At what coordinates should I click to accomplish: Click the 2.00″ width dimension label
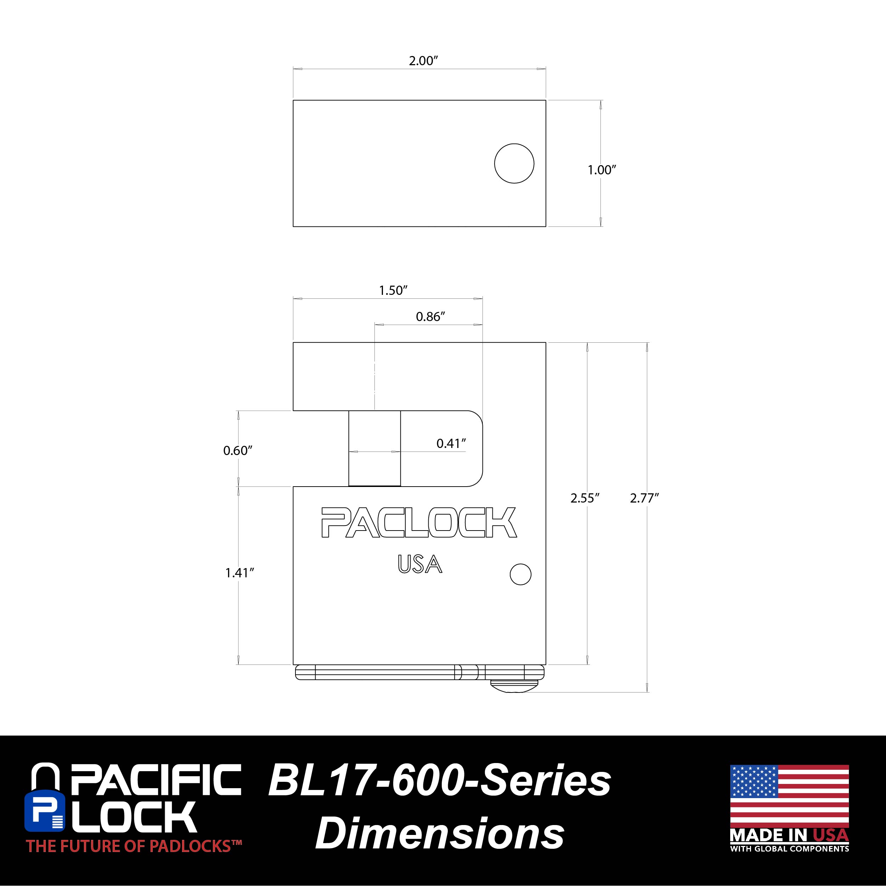click(424, 61)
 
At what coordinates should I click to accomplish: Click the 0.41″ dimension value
click(451, 443)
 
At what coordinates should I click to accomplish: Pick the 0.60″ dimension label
click(238, 450)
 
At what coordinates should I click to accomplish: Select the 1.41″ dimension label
click(240, 573)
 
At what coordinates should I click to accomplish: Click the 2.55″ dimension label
click(585, 498)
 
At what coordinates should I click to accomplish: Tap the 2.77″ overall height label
click(644, 498)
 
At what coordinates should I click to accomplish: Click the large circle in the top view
click(514, 163)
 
